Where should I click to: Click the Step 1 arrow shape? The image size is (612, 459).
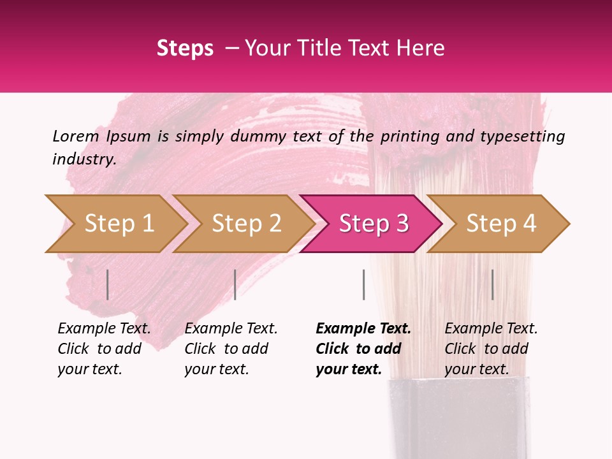(115, 224)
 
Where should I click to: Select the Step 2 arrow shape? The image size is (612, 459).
(242, 224)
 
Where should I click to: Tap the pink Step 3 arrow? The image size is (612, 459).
(370, 224)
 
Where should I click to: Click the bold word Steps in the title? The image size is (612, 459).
(185, 48)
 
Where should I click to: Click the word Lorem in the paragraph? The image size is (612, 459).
(75, 136)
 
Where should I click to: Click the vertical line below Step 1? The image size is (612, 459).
(108, 284)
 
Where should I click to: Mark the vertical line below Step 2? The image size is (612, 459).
(235, 284)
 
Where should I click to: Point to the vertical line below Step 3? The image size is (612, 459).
(363, 284)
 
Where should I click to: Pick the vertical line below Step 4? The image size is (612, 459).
(492, 284)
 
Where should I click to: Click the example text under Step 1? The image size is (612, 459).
(104, 349)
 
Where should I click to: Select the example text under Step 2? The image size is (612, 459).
(231, 349)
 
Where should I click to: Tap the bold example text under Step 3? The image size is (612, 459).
(363, 349)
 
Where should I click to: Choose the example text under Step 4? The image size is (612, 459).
(491, 349)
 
